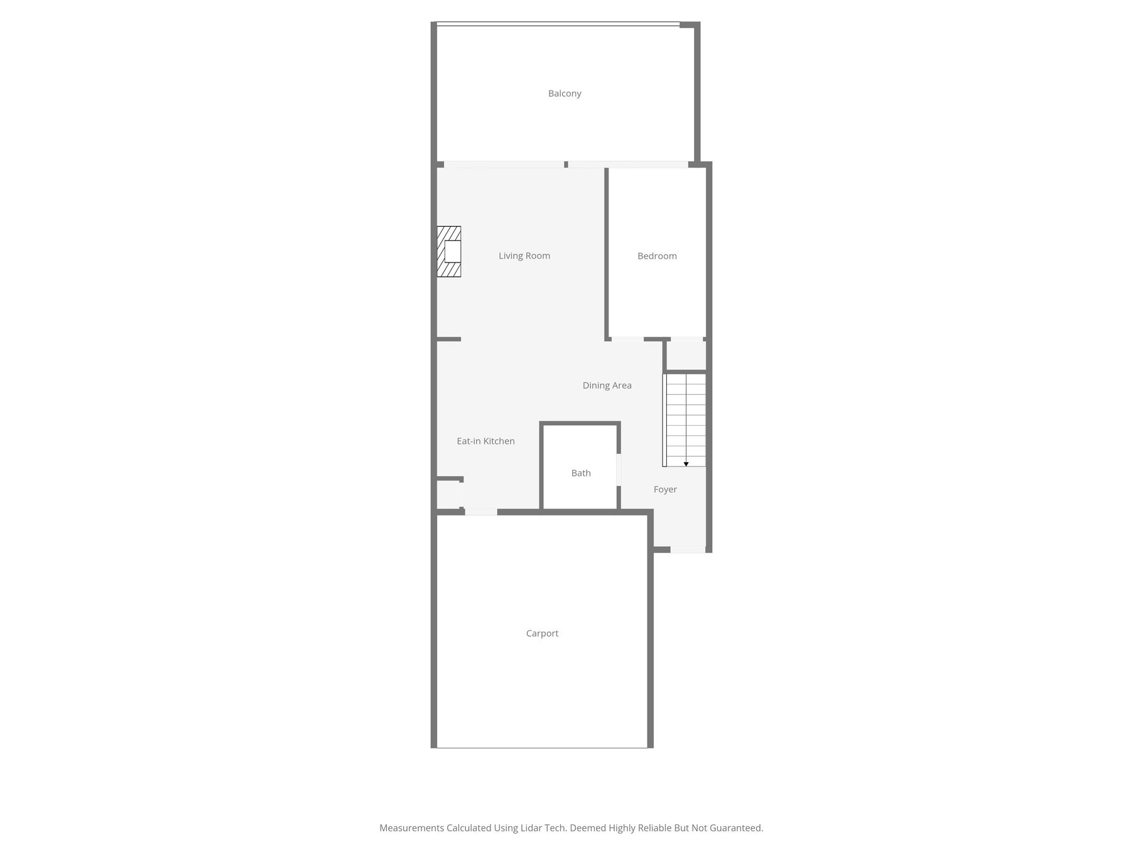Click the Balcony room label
coord(565,94)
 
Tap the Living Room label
coord(524,256)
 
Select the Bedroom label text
coord(657,256)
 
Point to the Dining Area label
coord(607,385)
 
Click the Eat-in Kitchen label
coord(485,441)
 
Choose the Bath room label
coord(581,473)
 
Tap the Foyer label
coord(665,490)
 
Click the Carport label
coord(542,633)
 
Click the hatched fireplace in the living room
coord(449,251)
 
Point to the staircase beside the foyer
coord(685,420)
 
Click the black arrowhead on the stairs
coord(686,464)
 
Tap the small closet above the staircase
coord(686,356)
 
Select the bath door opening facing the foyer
coord(619,470)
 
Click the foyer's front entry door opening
coord(688,549)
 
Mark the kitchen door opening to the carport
coord(481,512)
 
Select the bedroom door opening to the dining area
coord(627,339)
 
